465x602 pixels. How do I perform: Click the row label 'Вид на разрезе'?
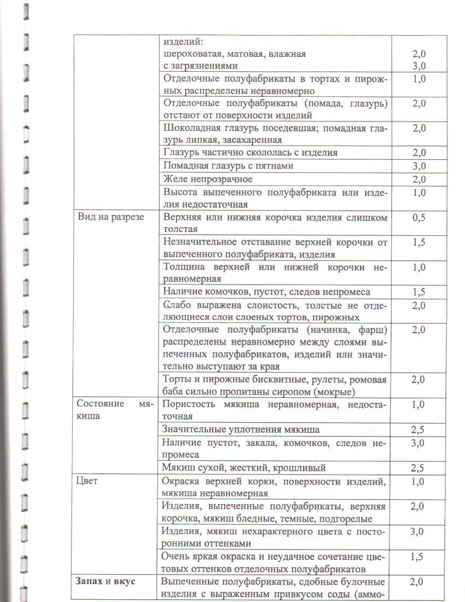110,217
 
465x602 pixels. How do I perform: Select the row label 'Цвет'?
87,481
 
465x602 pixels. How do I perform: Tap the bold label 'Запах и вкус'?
104,581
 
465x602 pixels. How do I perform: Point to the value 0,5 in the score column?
419,217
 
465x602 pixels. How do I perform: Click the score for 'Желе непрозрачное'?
419,180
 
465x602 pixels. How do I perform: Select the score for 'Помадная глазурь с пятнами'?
419,166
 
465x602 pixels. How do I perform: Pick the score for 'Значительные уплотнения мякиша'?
419,430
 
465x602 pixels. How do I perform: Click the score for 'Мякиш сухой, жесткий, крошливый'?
419,468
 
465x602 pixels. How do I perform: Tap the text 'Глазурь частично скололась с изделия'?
251,153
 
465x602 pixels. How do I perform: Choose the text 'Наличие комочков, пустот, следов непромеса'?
267,292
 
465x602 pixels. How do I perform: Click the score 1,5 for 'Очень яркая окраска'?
419,557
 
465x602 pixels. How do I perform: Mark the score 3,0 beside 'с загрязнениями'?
419,67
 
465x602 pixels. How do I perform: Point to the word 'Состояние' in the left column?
98,405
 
